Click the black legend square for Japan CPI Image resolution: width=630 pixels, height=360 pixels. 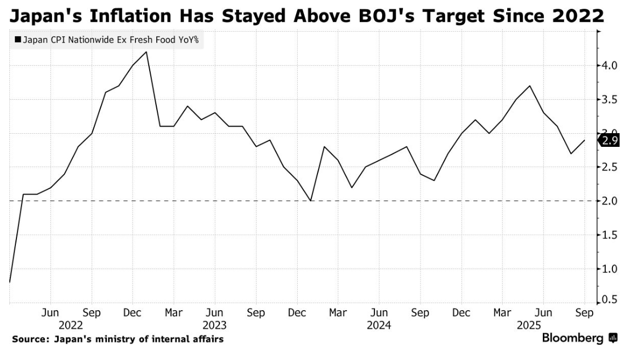(18, 39)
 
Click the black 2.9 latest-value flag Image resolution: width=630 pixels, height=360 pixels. (609, 140)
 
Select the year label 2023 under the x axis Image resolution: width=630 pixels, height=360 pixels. (214, 325)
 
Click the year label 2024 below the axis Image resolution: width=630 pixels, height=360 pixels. (379, 325)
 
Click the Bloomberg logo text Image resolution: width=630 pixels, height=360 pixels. (573, 338)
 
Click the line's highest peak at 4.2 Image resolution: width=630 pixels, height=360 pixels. (146, 52)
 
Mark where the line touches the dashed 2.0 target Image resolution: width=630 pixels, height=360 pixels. (310, 201)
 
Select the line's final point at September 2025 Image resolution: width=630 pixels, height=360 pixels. (584, 140)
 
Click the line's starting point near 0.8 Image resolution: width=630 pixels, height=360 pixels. (9, 282)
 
